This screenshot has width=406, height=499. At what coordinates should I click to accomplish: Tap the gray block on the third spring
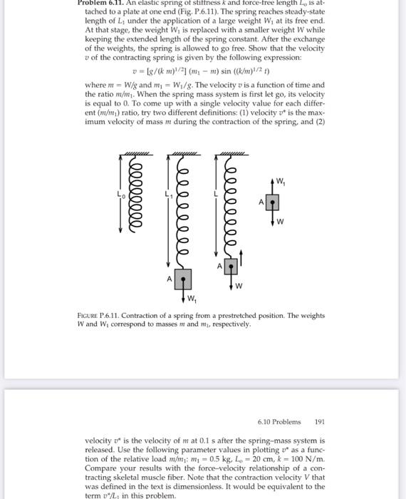230,267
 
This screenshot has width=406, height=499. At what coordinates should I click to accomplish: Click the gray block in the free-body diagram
271,202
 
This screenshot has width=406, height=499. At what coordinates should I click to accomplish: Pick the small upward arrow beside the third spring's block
240,259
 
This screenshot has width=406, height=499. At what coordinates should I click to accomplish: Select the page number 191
319,421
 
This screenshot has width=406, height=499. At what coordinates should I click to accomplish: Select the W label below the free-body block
280,220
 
